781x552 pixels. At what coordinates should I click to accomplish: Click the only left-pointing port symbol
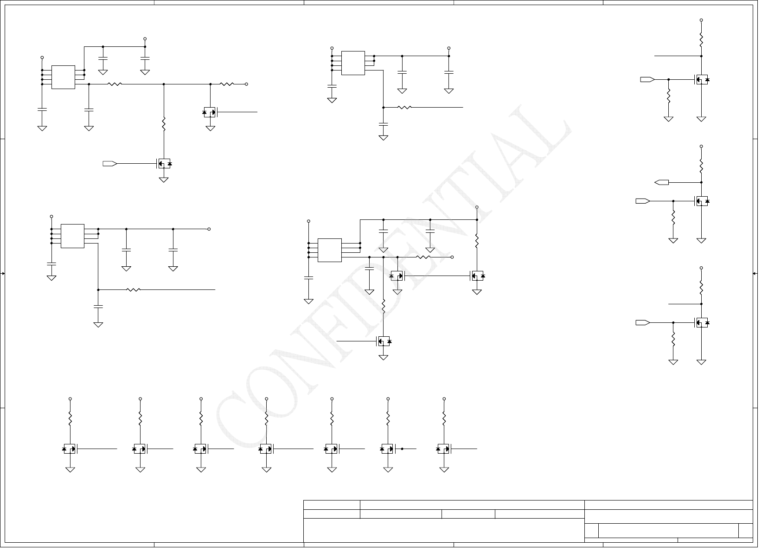(662, 182)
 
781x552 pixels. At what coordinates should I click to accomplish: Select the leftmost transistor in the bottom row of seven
(70, 449)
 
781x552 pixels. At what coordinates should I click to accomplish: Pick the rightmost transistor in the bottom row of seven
(444, 449)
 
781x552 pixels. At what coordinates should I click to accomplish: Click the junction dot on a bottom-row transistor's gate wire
(402, 449)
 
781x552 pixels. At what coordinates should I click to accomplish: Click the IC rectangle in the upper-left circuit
(63, 77)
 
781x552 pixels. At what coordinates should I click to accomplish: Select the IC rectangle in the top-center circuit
(353, 63)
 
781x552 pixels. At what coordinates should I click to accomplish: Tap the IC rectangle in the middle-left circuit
(72, 236)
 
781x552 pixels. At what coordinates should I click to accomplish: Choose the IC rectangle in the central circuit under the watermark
(330, 250)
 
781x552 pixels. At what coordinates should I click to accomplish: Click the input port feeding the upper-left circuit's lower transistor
(109, 163)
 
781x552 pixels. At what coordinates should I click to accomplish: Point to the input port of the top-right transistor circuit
(647, 79)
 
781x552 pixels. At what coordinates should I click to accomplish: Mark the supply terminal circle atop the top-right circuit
(701, 20)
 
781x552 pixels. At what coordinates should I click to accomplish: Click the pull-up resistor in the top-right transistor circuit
(701, 39)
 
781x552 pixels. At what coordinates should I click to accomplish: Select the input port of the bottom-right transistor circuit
(643, 322)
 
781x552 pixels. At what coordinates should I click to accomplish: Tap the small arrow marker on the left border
(3, 274)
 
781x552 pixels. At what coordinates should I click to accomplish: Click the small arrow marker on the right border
(755, 274)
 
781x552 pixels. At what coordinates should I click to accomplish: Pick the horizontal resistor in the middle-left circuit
(133, 289)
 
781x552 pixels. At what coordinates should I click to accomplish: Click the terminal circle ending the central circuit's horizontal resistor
(452, 257)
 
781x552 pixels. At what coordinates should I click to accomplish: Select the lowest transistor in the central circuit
(384, 341)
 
